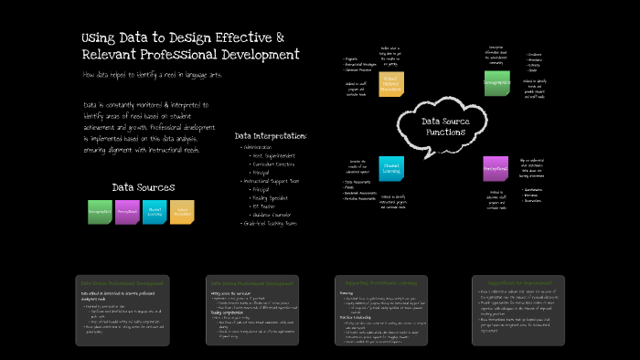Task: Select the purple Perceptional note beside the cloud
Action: [496, 169]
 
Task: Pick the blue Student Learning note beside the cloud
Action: [391, 168]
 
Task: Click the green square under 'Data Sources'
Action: [100, 212]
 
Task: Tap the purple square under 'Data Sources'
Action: [128, 212]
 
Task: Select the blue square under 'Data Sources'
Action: [155, 212]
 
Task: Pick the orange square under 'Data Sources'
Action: [182, 212]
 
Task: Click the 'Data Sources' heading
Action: [143, 187]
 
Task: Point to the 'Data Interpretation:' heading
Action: [271, 136]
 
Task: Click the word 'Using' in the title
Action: [98, 37]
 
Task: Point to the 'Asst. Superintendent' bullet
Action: [275, 154]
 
